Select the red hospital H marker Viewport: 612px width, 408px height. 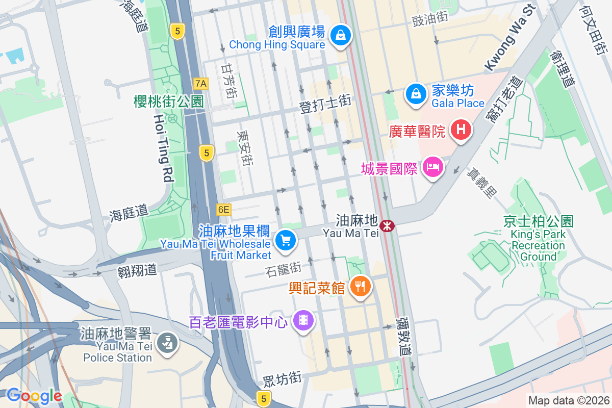click(461, 130)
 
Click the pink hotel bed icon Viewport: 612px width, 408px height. click(432, 167)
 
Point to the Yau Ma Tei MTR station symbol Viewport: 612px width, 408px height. click(388, 225)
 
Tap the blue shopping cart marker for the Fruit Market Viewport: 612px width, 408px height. click(285, 240)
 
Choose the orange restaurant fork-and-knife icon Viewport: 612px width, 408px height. click(361, 287)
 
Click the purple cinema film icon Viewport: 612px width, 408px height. click(304, 320)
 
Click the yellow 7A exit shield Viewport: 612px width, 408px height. click(201, 83)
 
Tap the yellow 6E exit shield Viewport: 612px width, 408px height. click(223, 209)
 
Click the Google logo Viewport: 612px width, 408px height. click(34, 396)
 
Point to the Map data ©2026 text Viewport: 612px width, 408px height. click(568, 401)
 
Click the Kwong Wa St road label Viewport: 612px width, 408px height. click(508, 38)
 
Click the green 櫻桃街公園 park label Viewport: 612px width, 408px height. click(168, 101)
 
